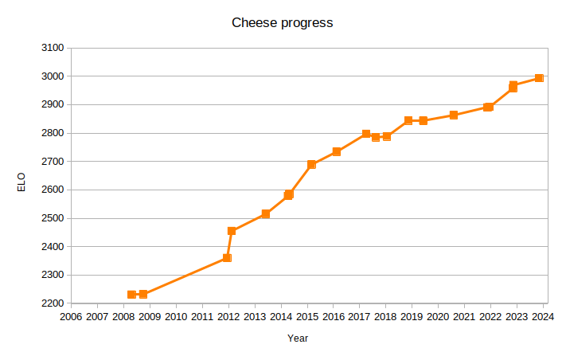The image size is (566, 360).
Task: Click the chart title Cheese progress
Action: (282, 22)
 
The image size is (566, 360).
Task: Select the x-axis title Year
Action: (298, 338)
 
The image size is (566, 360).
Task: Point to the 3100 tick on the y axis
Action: (52, 48)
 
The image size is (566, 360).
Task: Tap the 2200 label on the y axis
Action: (52, 303)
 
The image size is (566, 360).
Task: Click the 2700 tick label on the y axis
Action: (52, 162)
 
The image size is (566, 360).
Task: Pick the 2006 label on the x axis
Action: (71, 317)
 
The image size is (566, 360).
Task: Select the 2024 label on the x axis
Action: (544, 317)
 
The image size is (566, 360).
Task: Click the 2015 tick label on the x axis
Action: (307, 317)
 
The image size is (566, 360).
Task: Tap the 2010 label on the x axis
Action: (176, 317)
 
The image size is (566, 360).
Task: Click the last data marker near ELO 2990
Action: (539, 78)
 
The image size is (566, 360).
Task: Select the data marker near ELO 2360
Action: (227, 258)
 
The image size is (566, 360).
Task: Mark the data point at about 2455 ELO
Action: (232, 231)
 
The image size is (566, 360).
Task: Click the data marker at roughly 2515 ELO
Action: (266, 214)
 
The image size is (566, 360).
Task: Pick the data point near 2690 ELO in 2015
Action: (312, 165)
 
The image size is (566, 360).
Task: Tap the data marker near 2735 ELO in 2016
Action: (337, 151)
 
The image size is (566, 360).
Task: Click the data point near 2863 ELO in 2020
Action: (454, 115)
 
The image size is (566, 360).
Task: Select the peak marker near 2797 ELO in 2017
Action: (366, 134)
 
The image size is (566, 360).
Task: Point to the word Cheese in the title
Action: (252, 22)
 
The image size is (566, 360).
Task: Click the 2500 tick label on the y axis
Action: (52, 218)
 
